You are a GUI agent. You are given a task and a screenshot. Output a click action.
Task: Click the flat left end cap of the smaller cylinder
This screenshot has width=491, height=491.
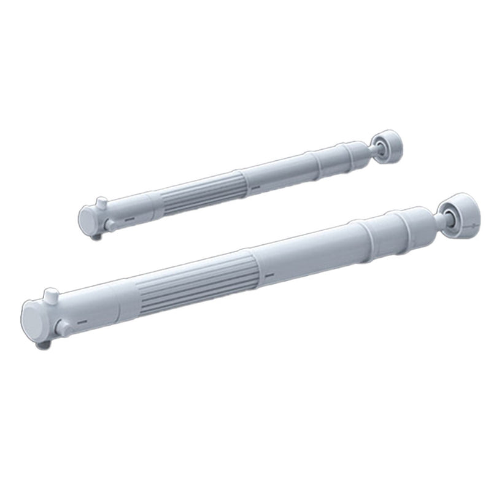88,218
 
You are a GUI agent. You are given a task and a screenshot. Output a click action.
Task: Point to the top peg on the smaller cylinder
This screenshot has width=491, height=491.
101,202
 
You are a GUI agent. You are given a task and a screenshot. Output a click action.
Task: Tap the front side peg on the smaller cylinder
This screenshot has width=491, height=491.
110,226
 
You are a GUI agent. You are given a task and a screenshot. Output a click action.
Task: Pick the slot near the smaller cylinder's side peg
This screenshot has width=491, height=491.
129,218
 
